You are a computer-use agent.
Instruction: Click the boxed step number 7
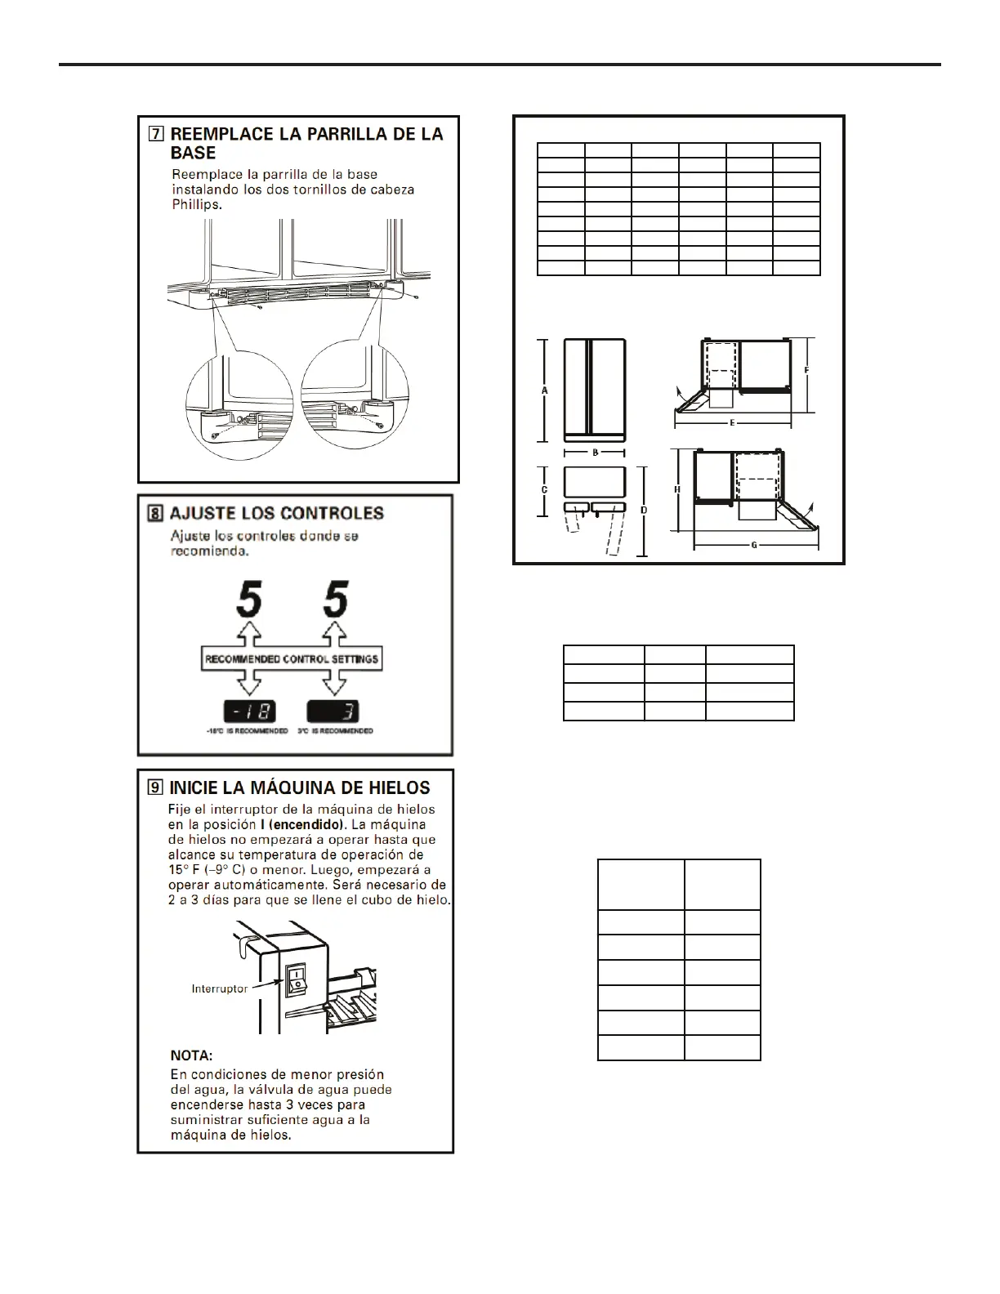[x=156, y=134]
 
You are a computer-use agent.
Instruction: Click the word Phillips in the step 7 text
[x=196, y=205]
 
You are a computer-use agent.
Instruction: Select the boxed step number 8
[x=154, y=514]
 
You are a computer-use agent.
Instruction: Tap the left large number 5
[x=248, y=600]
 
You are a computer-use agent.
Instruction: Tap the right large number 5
[x=336, y=600]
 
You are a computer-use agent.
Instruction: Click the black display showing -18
[x=250, y=712]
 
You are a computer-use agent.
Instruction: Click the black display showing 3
[x=333, y=712]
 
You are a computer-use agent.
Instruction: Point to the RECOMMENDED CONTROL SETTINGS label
[x=291, y=658]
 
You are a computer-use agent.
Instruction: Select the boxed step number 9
[x=154, y=788]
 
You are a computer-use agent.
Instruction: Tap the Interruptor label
[x=219, y=989]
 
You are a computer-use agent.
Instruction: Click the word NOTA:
[x=191, y=1056]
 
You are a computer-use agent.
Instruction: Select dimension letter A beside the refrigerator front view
[x=545, y=390]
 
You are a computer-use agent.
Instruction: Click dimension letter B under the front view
[x=596, y=452]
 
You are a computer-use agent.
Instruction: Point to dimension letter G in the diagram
[x=753, y=545]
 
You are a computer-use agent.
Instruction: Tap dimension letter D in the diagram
[x=644, y=510]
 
